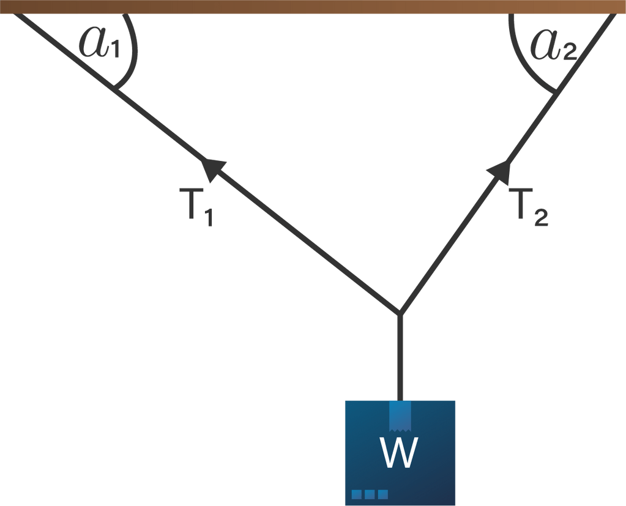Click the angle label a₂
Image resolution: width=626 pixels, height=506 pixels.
pyautogui.click(x=552, y=45)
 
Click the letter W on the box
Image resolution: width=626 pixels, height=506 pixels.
pyautogui.click(x=399, y=453)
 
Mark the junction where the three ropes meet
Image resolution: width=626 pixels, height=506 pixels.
pyautogui.click(x=400, y=312)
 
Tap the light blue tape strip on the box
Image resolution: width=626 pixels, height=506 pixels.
pyautogui.click(x=400, y=415)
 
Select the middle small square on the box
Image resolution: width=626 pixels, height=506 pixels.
pyautogui.click(x=370, y=494)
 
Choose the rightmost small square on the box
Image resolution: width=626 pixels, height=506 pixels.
pyautogui.click(x=383, y=494)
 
